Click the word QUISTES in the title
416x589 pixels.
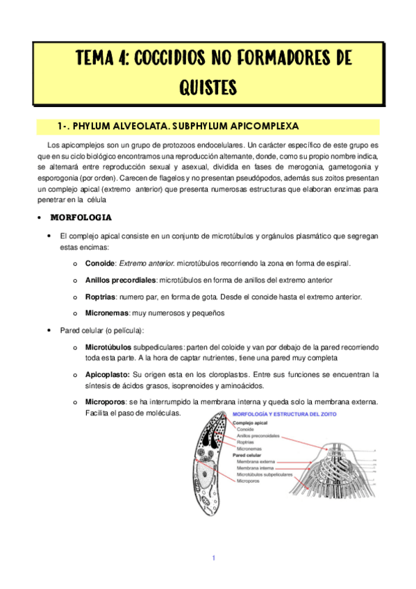click(208, 88)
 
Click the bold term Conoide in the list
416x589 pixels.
click(100, 264)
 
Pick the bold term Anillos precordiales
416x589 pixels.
click(120, 280)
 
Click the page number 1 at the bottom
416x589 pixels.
click(214, 558)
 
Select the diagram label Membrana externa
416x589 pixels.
click(255, 461)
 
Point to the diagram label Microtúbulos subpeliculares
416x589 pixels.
click(265, 474)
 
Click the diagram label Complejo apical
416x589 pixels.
click(251, 422)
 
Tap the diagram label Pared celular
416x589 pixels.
click(248, 455)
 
